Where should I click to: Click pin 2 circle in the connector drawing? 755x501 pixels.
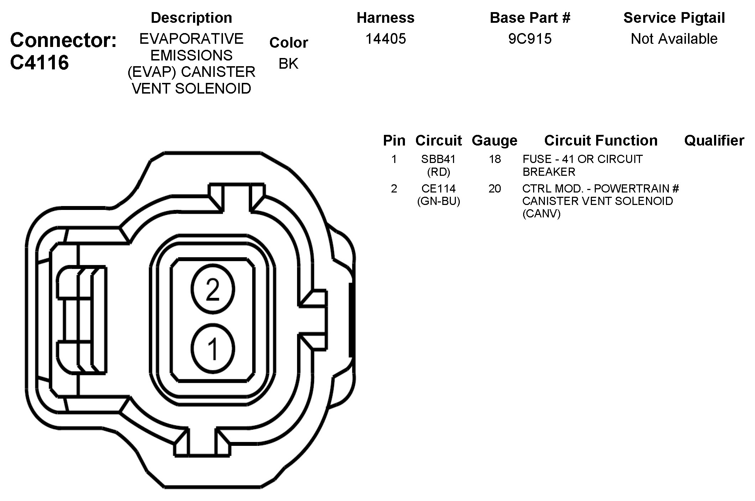tap(213, 289)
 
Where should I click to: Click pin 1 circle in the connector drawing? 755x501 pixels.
tap(213, 349)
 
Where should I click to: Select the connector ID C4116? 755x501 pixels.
tap(40, 63)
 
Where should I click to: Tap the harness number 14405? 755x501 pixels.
tap(386, 39)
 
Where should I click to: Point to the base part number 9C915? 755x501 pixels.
tap(530, 39)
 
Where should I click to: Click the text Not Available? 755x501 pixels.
tap(674, 39)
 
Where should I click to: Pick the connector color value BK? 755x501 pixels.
tap(288, 64)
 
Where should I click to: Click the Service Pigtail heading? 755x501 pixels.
tap(674, 18)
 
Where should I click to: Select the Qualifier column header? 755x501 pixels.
tap(714, 141)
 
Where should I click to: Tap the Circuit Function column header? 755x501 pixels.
tap(601, 141)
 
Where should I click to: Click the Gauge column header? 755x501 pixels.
tap(494, 141)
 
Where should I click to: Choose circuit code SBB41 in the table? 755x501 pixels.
tap(438, 159)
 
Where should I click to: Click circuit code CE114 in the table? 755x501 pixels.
tap(438, 189)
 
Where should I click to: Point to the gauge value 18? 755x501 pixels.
tap(495, 159)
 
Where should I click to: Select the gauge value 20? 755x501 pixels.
tap(495, 189)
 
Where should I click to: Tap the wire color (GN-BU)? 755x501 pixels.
tap(438, 201)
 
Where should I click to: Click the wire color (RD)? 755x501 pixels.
tap(438, 172)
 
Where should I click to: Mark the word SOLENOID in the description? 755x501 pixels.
tap(213, 89)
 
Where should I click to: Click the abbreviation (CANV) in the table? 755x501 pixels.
tap(541, 214)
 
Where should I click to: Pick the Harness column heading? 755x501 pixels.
tap(386, 18)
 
